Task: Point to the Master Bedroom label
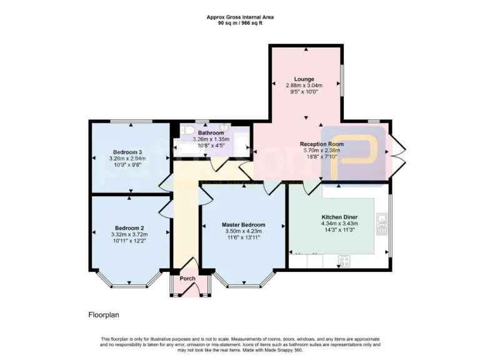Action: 244,224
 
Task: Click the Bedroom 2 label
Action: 130,227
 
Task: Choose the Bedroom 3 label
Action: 128,152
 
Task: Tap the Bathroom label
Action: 211,133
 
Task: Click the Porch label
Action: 187,278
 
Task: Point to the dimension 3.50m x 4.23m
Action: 244,231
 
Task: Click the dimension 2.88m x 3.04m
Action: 304,86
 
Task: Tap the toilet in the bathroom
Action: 187,130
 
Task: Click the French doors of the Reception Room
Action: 397,150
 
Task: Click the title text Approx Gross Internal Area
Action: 240,17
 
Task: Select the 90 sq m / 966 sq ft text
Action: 240,22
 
